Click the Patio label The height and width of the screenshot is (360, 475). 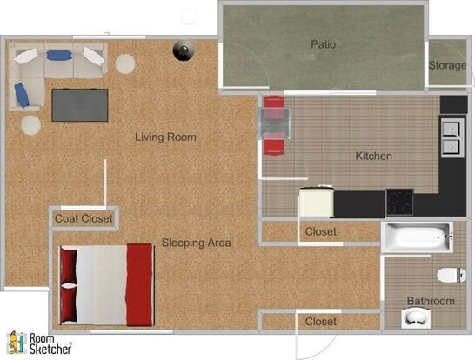pos(324,44)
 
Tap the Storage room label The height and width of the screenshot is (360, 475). pos(447,65)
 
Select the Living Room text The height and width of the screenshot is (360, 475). pos(165,137)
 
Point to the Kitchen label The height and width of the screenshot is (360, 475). pos(373,156)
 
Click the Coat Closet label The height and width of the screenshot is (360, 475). pos(84,218)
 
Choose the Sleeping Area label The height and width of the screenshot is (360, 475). pos(196,243)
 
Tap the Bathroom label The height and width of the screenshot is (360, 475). pos(431,301)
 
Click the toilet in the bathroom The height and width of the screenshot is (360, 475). pos(451,275)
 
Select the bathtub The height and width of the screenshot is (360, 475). pos(418,237)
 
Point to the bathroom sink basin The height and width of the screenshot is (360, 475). pos(415,317)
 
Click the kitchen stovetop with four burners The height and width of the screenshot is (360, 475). pos(399,202)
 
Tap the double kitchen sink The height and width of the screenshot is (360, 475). pos(452,137)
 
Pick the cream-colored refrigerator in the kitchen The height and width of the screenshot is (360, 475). pos(317,201)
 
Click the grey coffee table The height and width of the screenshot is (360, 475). pos(80,105)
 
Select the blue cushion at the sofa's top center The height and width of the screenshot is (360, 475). pos(59,55)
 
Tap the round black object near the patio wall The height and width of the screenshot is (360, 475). pos(184,50)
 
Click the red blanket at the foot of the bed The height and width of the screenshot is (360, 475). pos(139,285)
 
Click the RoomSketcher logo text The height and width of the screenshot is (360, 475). pos(50,343)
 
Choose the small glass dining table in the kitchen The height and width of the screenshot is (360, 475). pos(275,123)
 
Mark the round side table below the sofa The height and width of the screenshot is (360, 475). pos(30,125)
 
